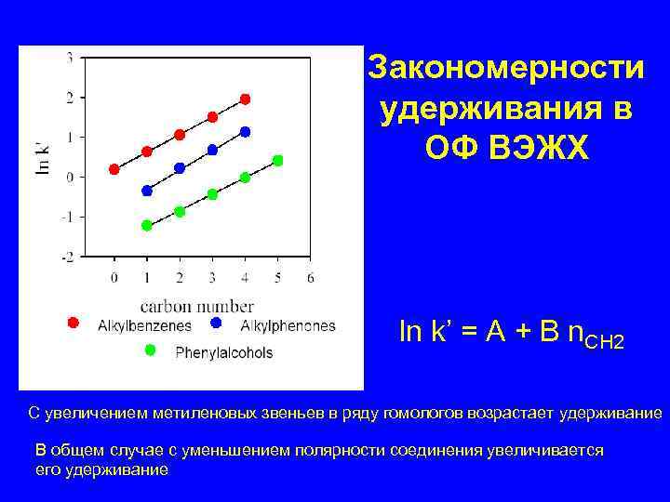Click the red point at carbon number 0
(114, 169)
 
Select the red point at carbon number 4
(245, 99)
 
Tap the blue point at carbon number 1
(147, 191)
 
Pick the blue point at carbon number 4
(245, 132)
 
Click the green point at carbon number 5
(277, 160)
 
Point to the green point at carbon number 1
(147, 225)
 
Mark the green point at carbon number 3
(212, 194)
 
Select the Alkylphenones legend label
(288, 325)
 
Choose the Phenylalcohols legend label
(223, 352)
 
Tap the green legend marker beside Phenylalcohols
(152, 350)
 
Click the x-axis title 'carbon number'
(197, 305)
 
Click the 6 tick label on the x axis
(310, 277)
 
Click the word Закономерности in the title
(505, 68)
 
